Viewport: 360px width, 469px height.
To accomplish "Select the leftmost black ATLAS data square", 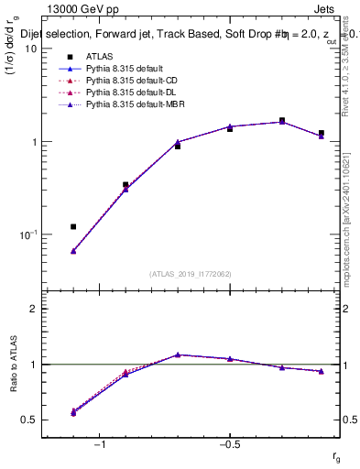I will (73, 226).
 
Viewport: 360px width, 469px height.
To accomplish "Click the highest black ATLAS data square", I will (282, 120).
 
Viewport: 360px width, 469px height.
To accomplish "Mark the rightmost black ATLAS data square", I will (322, 133).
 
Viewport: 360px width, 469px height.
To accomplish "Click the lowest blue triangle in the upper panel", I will (73, 251).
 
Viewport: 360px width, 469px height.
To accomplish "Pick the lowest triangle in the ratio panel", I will (73, 413).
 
